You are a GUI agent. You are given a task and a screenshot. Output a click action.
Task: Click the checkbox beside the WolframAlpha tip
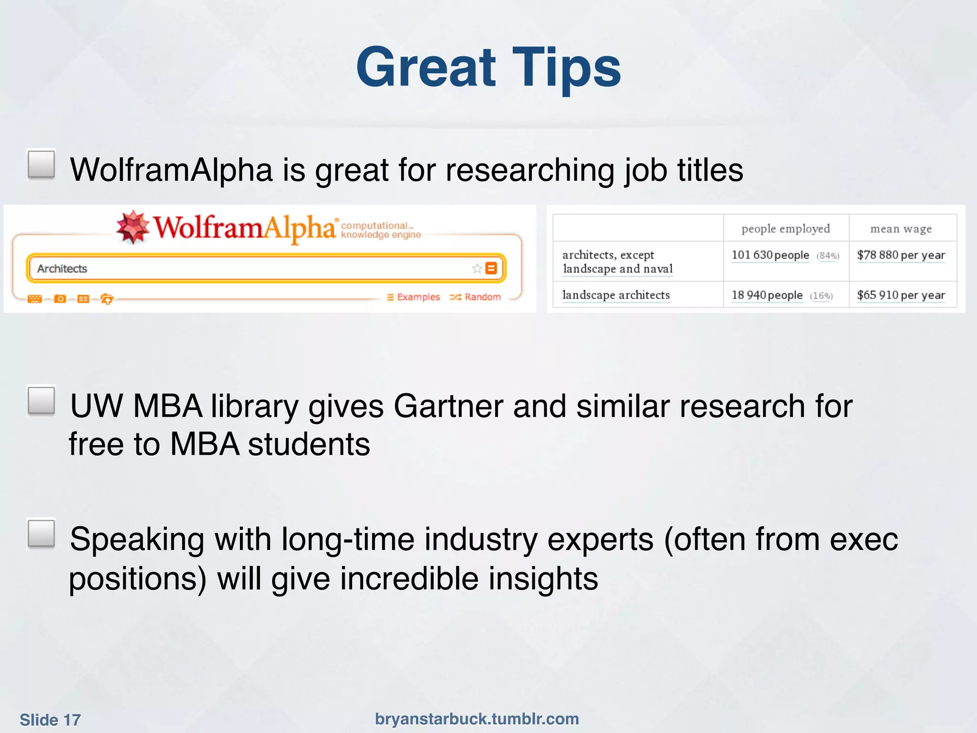tap(42, 165)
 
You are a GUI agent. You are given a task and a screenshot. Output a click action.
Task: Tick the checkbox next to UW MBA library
tap(42, 400)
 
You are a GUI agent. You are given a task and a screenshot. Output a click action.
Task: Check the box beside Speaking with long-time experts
tap(42, 534)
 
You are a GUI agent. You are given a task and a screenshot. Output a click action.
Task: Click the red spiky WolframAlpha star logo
tap(133, 227)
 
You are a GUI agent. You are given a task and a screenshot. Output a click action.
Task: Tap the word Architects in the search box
tap(62, 269)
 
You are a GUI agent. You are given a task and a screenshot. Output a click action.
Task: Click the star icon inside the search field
tap(477, 268)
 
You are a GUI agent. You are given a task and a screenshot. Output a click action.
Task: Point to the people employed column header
tap(786, 229)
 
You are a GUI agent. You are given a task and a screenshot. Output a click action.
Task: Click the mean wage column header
tap(901, 229)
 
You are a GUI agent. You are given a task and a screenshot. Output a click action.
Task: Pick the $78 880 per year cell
tap(901, 255)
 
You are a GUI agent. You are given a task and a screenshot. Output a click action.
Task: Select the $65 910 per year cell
tap(901, 295)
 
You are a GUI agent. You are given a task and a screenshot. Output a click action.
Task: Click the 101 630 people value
tap(770, 255)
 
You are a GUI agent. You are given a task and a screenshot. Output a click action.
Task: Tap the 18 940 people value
tap(767, 295)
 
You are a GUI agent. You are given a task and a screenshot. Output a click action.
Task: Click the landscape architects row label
tap(616, 295)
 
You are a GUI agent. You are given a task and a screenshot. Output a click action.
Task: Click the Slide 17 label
tap(50, 720)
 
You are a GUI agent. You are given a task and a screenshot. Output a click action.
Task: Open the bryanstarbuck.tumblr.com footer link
tap(477, 719)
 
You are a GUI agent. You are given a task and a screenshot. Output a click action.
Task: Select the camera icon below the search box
tap(60, 299)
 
